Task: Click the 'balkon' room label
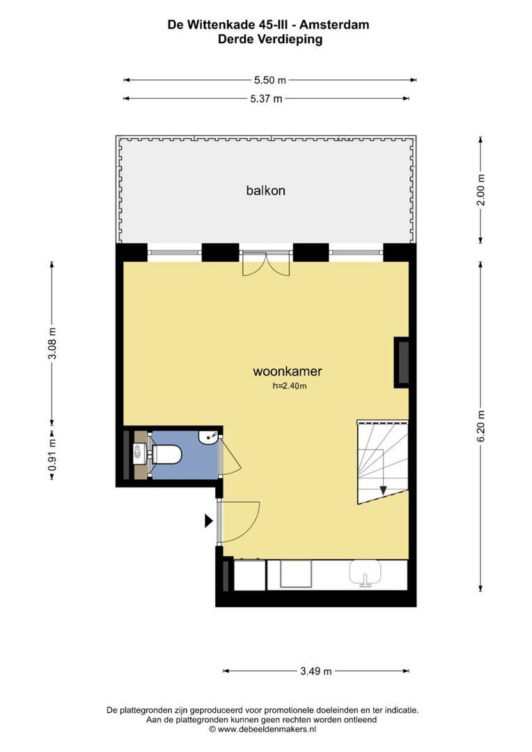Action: pos(266,190)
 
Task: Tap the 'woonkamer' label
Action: pos(288,371)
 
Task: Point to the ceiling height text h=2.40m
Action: pos(289,386)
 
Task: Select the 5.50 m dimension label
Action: pos(270,80)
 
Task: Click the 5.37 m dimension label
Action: pos(266,99)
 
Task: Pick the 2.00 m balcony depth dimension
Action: pos(480,190)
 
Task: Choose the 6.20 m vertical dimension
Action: pos(480,426)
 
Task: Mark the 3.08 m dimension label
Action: pos(52,343)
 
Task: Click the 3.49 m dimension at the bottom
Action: pos(316,671)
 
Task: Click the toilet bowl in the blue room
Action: pos(166,454)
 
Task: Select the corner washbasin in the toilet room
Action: pos(209,437)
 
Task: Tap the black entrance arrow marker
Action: pos(209,521)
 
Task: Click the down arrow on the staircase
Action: pos(383,490)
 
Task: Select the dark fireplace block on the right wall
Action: pos(402,362)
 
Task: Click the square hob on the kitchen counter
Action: pos(296,574)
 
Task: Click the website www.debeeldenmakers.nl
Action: pos(267,730)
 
